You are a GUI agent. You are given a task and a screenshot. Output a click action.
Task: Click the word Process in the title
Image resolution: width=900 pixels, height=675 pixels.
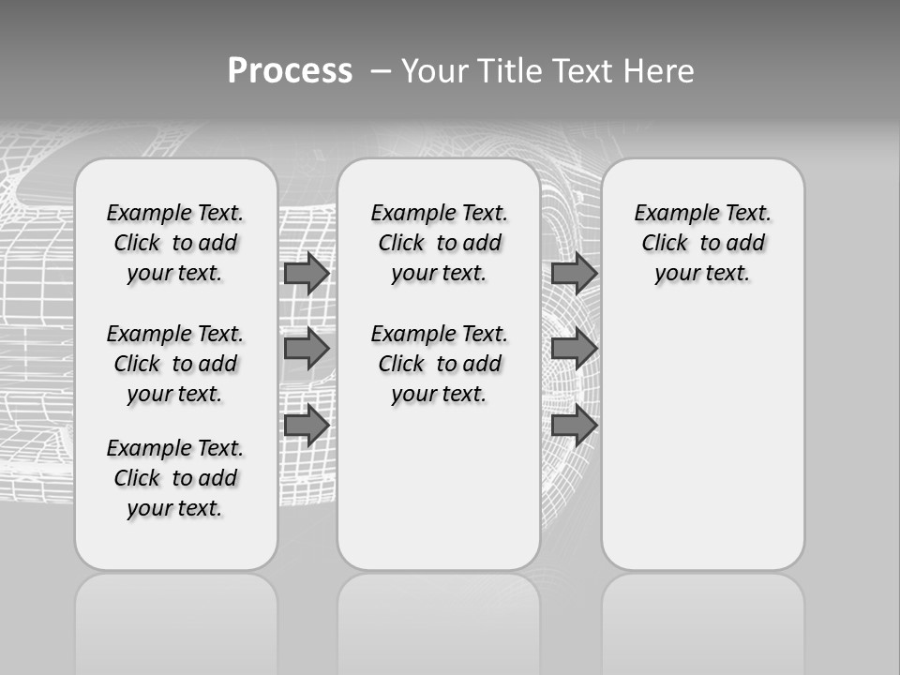(x=289, y=70)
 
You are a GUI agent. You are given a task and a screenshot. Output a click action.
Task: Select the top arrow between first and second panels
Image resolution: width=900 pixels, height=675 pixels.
(x=306, y=273)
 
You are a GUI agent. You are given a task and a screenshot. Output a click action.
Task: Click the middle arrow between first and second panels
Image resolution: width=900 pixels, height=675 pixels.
(x=306, y=349)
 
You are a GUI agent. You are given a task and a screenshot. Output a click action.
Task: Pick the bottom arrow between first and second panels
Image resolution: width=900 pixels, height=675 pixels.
(x=306, y=426)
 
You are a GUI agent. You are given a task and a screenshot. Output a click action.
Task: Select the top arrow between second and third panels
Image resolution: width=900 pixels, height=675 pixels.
(x=573, y=273)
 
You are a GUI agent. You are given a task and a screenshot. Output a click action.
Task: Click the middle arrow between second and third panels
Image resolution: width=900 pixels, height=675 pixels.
(x=573, y=349)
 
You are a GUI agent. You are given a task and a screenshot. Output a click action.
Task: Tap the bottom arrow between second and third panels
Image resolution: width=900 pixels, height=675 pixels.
(x=573, y=426)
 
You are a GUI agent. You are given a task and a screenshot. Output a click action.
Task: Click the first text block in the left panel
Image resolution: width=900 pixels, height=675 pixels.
(x=175, y=243)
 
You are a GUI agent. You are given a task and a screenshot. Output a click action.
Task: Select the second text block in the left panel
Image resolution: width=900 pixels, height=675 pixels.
(x=175, y=364)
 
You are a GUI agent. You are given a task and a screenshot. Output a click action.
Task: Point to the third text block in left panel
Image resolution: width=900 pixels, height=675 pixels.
(x=175, y=478)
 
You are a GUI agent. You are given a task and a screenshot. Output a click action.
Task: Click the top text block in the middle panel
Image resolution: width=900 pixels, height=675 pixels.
(x=440, y=243)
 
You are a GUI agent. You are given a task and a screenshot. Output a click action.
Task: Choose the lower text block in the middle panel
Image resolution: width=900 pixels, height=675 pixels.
(x=440, y=364)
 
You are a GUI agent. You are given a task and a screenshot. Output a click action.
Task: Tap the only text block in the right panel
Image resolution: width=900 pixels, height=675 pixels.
(x=703, y=243)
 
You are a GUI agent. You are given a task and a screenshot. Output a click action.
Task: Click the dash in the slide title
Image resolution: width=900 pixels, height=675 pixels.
(x=381, y=71)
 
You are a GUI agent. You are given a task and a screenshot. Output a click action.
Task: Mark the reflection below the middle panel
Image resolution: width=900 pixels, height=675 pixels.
(x=439, y=619)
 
